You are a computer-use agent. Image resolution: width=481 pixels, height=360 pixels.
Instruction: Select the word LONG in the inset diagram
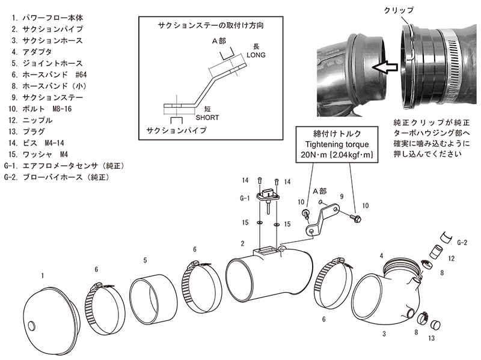point(256,55)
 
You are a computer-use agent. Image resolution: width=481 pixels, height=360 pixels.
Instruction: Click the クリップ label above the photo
point(397,10)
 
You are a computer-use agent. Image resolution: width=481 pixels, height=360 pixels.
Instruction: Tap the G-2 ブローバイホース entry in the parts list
point(58,177)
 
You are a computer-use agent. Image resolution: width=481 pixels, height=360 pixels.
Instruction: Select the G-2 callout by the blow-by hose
point(462,242)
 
